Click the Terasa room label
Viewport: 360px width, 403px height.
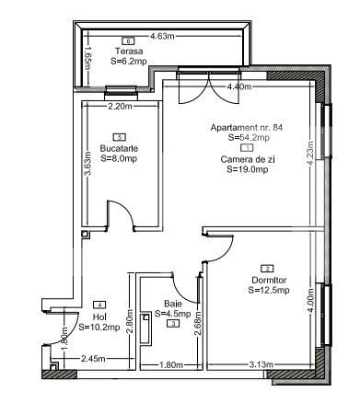click(x=127, y=52)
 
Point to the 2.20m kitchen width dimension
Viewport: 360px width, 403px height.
click(x=120, y=106)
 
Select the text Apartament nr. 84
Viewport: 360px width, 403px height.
click(x=246, y=128)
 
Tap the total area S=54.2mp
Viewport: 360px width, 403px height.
click(x=248, y=137)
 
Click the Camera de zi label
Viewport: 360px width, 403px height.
click(x=246, y=158)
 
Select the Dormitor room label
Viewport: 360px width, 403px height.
click(x=269, y=280)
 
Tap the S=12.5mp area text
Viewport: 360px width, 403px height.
click(x=269, y=290)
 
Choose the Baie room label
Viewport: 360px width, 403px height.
click(x=173, y=303)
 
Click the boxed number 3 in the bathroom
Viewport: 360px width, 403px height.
click(x=173, y=323)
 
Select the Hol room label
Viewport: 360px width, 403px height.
click(x=99, y=316)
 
